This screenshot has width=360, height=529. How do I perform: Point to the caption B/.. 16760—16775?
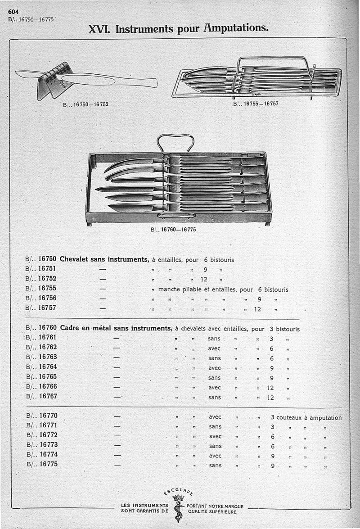[x=173, y=229]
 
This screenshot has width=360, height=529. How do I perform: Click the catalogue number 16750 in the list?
[x=47, y=259]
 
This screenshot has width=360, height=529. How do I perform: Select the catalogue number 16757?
[x=47, y=308]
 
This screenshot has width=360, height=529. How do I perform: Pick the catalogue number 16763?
[x=47, y=357]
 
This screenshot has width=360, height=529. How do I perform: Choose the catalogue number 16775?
[x=47, y=464]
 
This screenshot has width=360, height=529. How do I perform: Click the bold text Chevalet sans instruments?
[x=104, y=259]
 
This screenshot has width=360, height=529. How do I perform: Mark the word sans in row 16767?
[x=215, y=398]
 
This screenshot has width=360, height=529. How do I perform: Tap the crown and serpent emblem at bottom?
[x=179, y=506]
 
